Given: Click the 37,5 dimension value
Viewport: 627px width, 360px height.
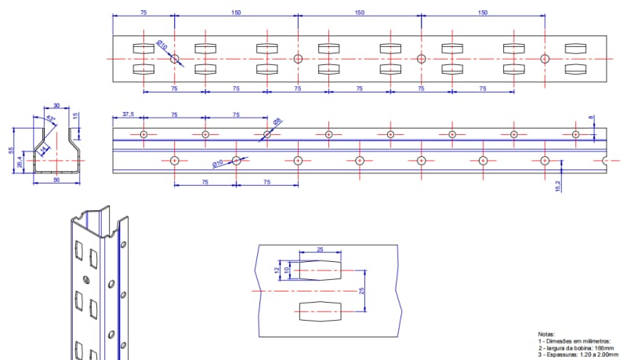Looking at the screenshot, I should click(x=129, y=115).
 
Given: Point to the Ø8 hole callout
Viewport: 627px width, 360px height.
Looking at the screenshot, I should click(x=277, y=122).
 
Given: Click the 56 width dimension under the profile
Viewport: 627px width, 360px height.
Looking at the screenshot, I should click(x=56, y=180).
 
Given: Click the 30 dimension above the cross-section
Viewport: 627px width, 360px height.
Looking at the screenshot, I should click(x=56, y=106).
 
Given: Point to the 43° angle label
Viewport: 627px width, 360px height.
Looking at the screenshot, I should click(x=51, y=118).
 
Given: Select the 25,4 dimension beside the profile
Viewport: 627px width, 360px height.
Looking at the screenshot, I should click(x=20, y=164).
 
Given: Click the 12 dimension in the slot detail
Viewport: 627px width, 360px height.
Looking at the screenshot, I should click(x=276, y=270).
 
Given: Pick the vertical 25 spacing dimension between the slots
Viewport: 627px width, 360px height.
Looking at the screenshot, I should click(x=362, y=291).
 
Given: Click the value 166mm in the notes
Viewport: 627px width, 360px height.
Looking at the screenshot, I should click(x=601, y=348).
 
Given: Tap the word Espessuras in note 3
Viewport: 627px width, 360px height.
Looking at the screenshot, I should click(x=559, y=355).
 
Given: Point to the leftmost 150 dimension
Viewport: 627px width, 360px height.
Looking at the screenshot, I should click(x=236, y=13).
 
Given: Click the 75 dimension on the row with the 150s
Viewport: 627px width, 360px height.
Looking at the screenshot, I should click(x=143, y=13).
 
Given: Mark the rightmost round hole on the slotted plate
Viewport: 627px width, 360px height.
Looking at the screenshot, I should click(x=545, y=59).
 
